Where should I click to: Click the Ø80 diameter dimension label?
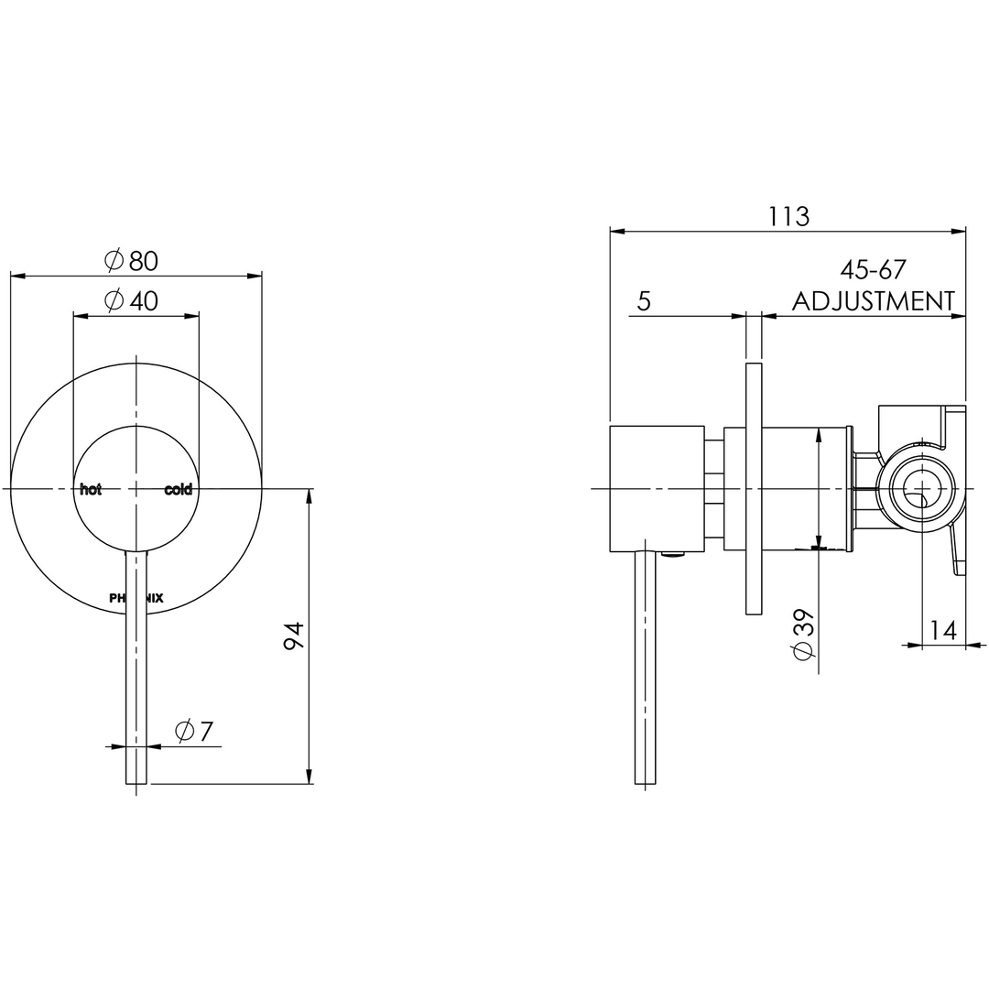[x=132, y=261]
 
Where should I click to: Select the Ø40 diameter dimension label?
[x=132, y=300]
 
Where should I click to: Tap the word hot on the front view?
[x=91, y=490]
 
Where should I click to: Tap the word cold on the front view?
[x=179, y=490]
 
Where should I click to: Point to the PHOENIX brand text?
[x=136, y=598]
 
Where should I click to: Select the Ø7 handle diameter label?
[x=194, y=732]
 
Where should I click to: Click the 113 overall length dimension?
[x=788, y=217]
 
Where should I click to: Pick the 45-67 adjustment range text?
[x=873, y=270]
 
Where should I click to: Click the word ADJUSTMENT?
[x=873, y=301]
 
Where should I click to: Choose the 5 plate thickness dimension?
[x=644, y=301]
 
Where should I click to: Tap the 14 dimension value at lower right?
[x=942, y=630]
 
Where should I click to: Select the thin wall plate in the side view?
[x=754, y=489]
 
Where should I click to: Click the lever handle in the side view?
[x=646, y=668]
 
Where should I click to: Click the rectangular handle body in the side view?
[x=657, y=489]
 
